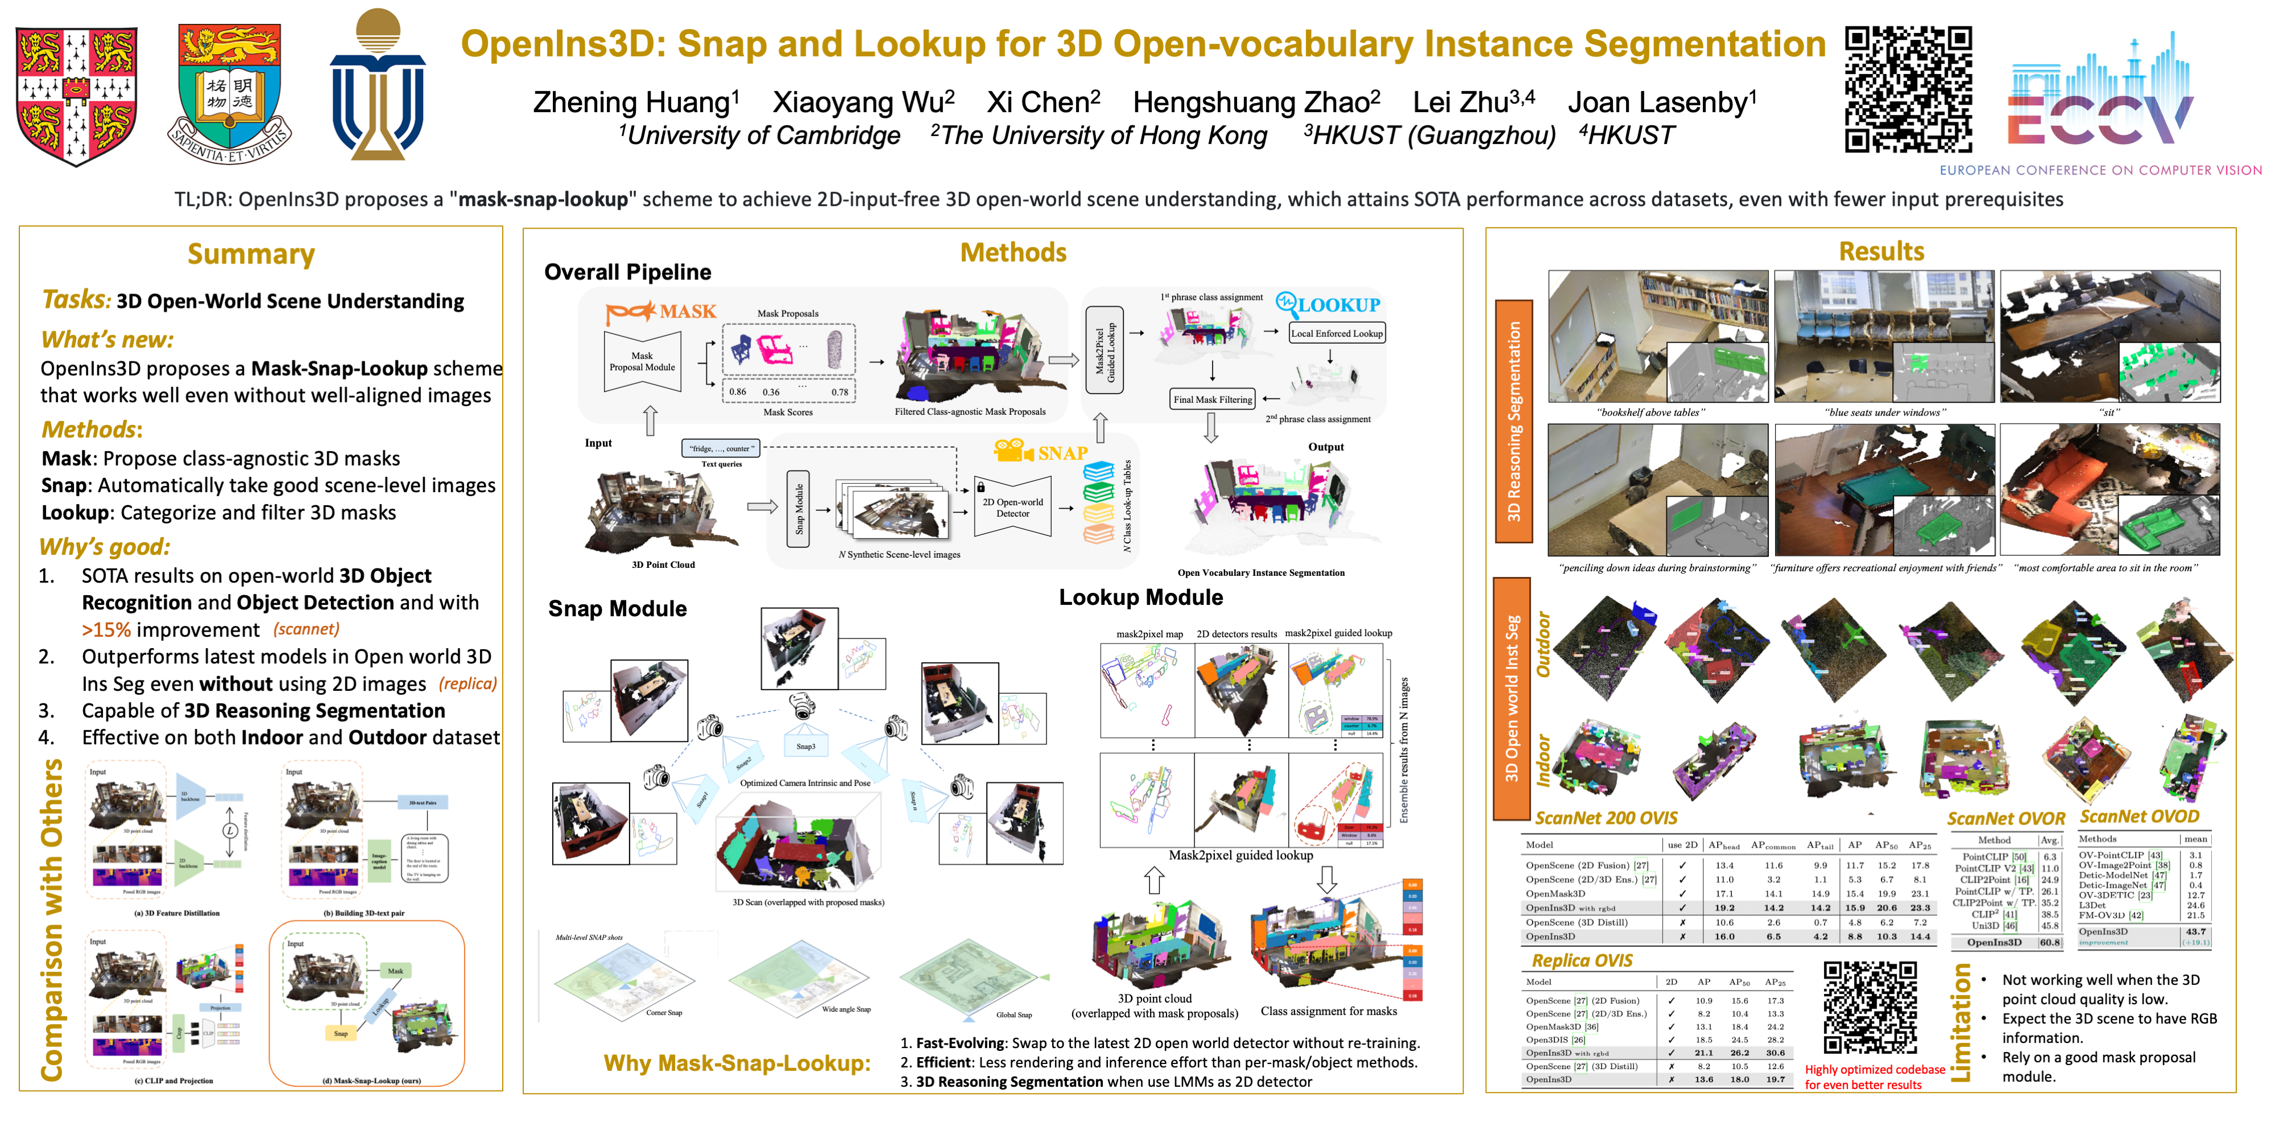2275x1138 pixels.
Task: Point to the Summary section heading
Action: click(x=251, y=254)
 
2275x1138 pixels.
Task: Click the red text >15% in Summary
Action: click(x=106, y=630)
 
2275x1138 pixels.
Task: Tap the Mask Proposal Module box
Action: click(x=642, y=361)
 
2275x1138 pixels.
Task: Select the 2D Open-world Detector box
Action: click(x=1012, y=507)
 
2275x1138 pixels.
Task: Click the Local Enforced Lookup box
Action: click(x=1336, y=333)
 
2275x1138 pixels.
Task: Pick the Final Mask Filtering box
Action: click(x=1213, y=399)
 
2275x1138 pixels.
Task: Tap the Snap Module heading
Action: click(x=617, y=609)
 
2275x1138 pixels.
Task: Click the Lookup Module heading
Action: click(x=1140, y=598)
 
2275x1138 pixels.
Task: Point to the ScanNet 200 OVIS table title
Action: click(x=1606, y=818)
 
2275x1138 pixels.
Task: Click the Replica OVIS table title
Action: click(x=1582, y=960)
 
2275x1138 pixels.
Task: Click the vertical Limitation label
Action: click(x=1960, y=1022)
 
